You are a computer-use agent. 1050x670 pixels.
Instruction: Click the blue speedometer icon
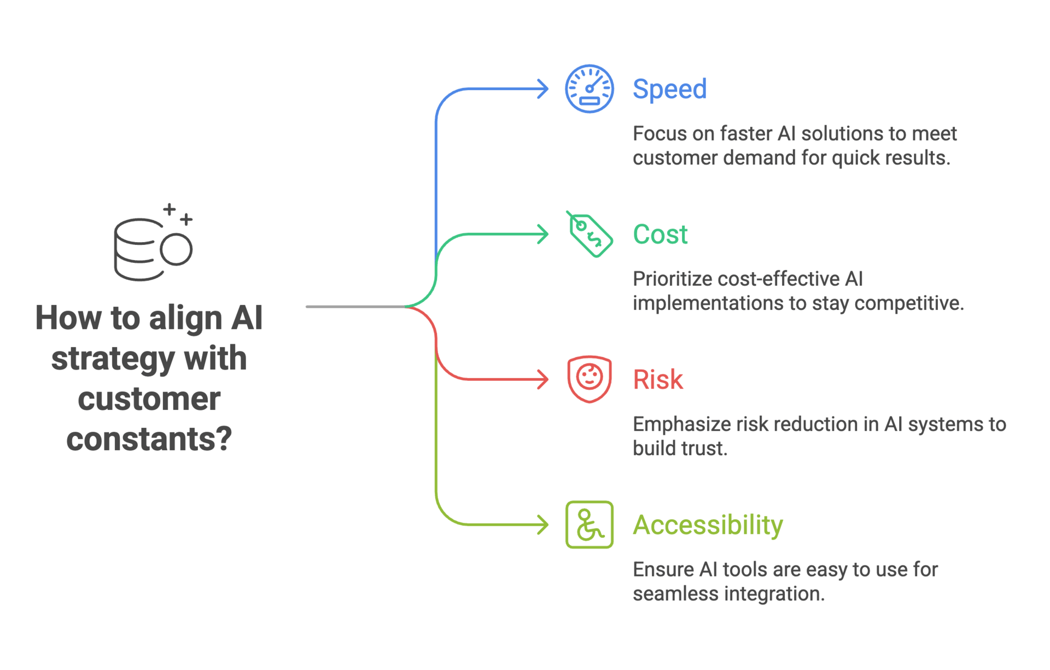[x=589, y=89]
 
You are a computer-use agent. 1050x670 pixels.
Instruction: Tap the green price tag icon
[x=589, y=234]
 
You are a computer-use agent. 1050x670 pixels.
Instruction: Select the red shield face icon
[x=589, y=379]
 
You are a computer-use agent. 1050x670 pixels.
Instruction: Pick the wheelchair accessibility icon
[x=589, y=525]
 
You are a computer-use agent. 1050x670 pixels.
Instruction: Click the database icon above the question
[x=153, y=242]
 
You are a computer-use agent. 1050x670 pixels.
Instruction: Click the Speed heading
[x=669, y=89]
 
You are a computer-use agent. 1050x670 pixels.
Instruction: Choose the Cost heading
[x=660, y=234]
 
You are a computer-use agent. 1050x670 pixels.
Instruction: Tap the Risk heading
[x=658, y=379]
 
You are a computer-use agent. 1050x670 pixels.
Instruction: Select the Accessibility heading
[x=708, y=525]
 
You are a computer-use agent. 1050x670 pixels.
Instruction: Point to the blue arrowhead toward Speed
[x=542, y=89]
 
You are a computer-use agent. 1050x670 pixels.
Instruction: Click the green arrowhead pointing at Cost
[x=542, y=234]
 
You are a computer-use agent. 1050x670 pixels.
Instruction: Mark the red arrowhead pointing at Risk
[x=542, y=379]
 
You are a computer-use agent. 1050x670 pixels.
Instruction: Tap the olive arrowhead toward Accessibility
[x=542, y=525]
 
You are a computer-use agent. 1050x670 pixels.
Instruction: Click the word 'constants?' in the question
[x=149, y=439]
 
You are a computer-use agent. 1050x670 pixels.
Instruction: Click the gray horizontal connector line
[x=355, y=307]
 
